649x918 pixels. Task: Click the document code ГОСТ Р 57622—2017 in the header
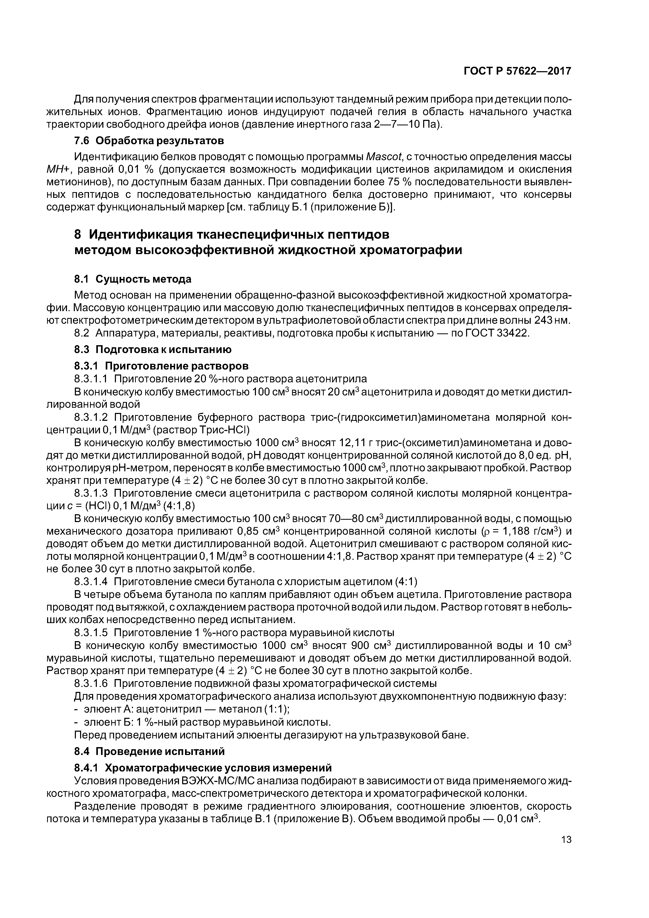pos(517,71)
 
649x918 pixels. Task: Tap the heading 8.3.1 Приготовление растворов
pos(161,366)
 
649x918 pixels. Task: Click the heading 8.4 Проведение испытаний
pos(149,751)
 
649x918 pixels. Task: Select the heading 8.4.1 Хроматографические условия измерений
pos(203,768)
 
